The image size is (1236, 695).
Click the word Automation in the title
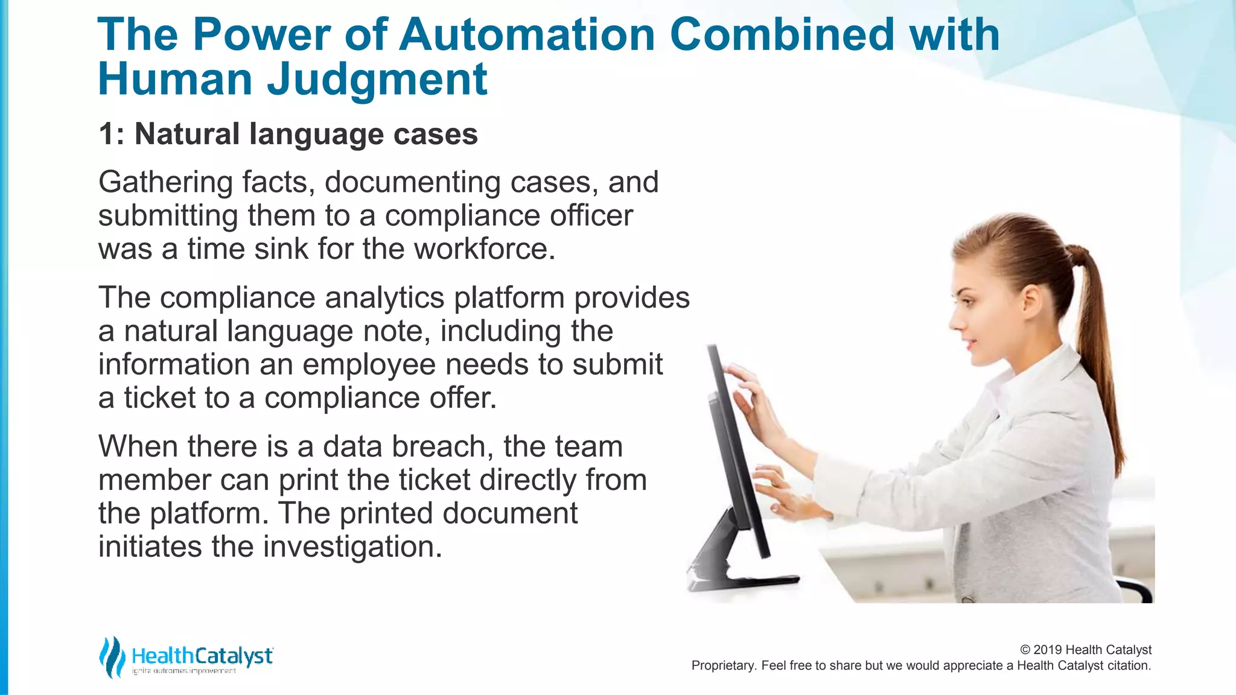tap(526, 34)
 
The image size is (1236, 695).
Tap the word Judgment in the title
tap(377, 80)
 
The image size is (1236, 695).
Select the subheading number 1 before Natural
tap(107, 134)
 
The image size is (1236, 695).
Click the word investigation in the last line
tap(352, 547)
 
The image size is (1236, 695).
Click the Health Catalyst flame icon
tap(112, 657)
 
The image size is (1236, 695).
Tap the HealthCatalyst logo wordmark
tap(202, 656)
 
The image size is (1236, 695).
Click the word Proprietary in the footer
tap(723, 665)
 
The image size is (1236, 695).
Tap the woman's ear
tap(1030, 299)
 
